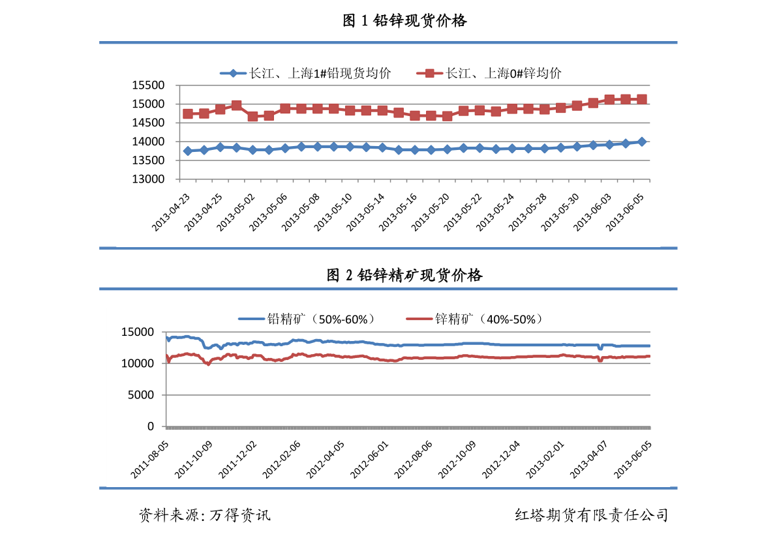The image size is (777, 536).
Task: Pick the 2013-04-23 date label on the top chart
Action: [171, 207]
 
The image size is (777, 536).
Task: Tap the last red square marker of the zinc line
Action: [642, 99]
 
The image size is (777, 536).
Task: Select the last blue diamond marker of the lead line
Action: [642, 141]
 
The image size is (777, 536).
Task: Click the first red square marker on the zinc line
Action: [188, 113]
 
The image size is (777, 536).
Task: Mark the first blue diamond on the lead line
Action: [188, 151]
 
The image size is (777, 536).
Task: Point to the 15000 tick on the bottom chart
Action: [138, 333]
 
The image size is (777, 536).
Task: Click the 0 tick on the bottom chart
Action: [151, 426]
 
